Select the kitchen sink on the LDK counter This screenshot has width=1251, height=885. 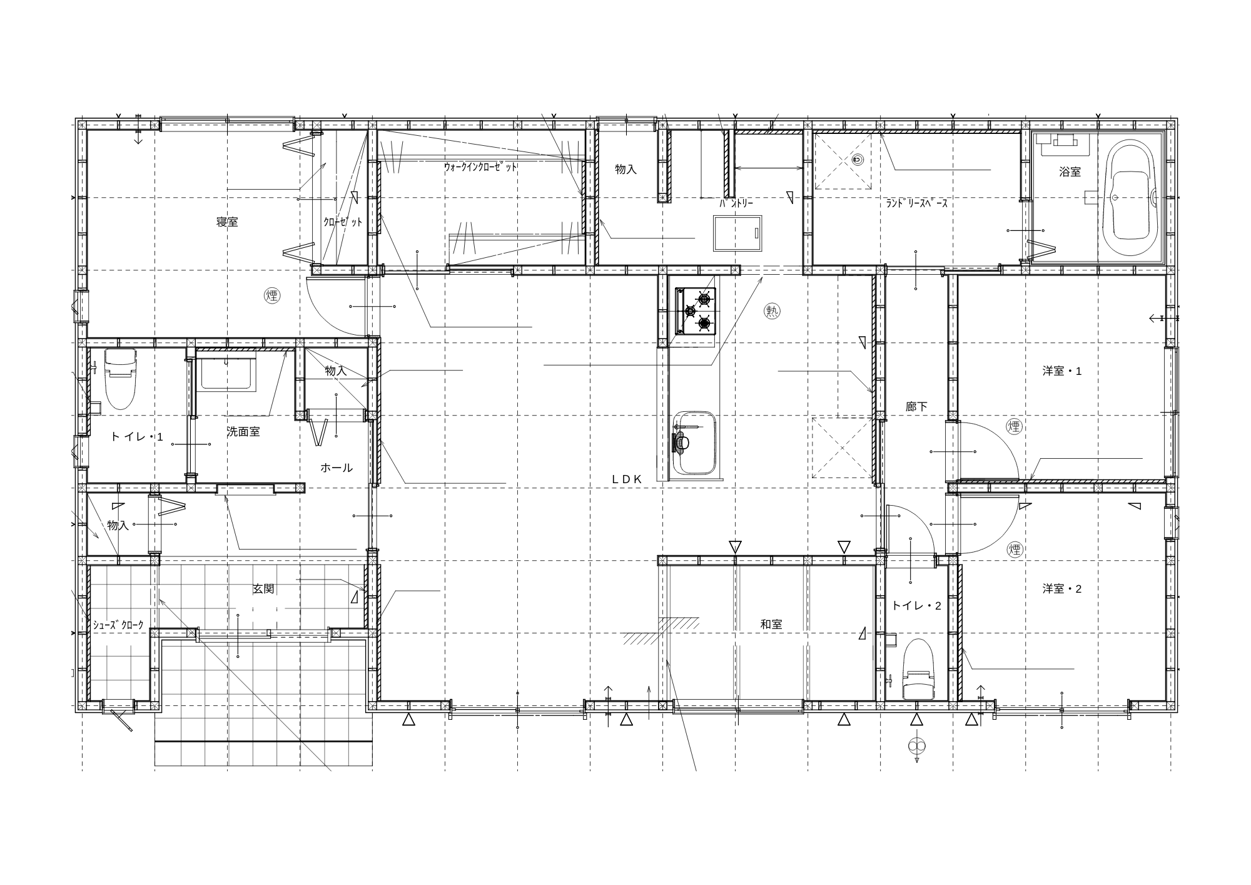pyautogui.click(x=694, y=443)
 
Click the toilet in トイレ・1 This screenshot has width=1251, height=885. pyautogui.click(x=119, y=378)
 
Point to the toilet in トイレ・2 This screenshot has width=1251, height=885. pyautogui.click(x=918, y=668)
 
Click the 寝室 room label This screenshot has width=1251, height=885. pyautogui.click(x=227, y=222)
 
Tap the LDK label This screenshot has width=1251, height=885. pyautogui.click(x=627, y=479)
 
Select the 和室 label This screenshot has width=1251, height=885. pyautogui.click(x=771, y=624)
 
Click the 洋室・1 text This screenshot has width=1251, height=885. pyautogui.click(x=1062, y=371)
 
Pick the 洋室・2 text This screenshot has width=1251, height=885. pyautogui.click(x=1062, y=589)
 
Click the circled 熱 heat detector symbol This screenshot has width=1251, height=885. pyautogui.click(x=772, y=311)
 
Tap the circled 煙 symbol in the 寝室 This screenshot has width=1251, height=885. pyautogui.click(x=271, y=295)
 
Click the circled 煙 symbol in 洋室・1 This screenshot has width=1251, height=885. pyautogui.click(x=1015, y=427)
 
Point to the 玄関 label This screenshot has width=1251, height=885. pyautogui.click(x=263, y=589)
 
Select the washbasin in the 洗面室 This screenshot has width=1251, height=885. pyautogui.click(x=227, y=373)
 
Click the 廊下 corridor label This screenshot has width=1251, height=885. pyautogui.click(x=916, y=407)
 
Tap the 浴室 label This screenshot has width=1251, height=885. pyautogui.click(x=1070, y=171)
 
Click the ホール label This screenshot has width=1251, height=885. pyautogui.click(x=337, y=468)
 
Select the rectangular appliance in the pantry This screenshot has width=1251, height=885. pyautogui.click(x=738, y=233)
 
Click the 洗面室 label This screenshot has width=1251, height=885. pyautogui.click(x=243, y=432)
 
